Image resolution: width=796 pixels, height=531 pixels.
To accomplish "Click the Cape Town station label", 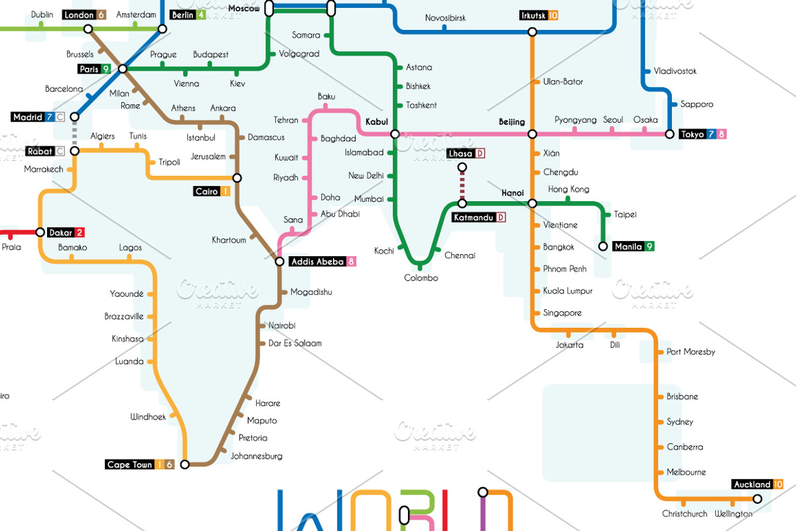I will [x=129, y=465].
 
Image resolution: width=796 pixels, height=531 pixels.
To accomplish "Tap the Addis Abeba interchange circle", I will [x=280, y=262].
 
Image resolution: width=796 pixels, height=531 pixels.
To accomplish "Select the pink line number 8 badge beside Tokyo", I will [x=722, y=134].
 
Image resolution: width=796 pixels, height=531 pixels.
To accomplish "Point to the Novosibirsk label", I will [x=445, y=18].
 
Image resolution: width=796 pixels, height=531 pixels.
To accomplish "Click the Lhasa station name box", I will [x=460, y=154].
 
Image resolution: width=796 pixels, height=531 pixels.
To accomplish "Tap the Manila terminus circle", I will [x=603, y=246].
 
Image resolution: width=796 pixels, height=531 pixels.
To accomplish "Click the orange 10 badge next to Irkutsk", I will [x=554, y=15].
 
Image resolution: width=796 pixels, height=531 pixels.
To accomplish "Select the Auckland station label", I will [x=752, y=485].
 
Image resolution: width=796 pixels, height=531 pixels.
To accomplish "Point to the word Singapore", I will [x=563, y=313].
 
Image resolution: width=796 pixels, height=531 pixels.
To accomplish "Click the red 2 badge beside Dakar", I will [x=80, y=232].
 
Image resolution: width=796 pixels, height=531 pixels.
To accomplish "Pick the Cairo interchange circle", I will [x=237, y=178].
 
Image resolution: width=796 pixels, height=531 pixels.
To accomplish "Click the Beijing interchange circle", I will [x=532, y=134].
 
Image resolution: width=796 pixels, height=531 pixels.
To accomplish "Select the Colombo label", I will [x=421, y=277].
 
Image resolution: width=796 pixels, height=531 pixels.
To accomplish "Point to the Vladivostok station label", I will [x=675, y=71].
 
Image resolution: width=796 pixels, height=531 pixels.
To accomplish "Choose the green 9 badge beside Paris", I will [x=105, y=69].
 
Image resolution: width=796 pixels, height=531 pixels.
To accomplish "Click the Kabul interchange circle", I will [x=395, y=134].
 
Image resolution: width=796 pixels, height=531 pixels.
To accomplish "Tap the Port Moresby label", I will [x=691, y=352].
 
